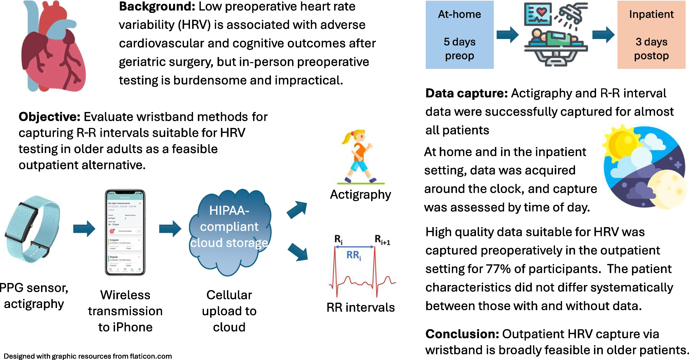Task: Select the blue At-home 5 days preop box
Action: tap(459, 35)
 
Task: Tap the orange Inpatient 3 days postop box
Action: tap(651, 35)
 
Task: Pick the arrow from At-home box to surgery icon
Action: tap(508, 35)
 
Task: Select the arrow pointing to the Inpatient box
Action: tap(603, 35)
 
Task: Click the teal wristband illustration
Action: tap(32, 230)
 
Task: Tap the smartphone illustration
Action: tap(125, 232)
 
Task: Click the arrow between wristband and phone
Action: tap(84, 228)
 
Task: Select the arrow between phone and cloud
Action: tap(170, 228)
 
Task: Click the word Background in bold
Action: tap(157, 6)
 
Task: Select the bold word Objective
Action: tap(49, 117)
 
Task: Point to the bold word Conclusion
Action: tap(462, 334)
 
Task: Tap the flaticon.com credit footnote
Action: tap(88, 356)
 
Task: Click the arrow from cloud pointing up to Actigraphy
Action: tap(297, 209)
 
